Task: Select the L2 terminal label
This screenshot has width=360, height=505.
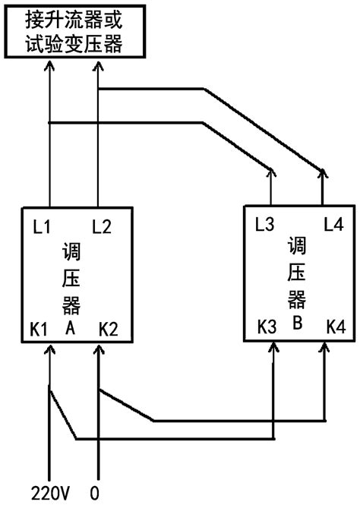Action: point(101,226)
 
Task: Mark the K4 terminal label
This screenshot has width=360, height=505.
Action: point(334,327)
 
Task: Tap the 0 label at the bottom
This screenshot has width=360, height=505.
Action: point(94,492)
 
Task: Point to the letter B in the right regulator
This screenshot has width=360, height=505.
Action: point(298,321)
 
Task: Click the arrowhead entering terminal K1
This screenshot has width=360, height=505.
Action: point(50,349)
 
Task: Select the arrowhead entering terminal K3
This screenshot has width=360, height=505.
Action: point(273,348)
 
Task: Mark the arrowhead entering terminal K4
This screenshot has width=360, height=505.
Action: point(325,348)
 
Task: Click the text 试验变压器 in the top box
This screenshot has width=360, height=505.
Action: point(74,43)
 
